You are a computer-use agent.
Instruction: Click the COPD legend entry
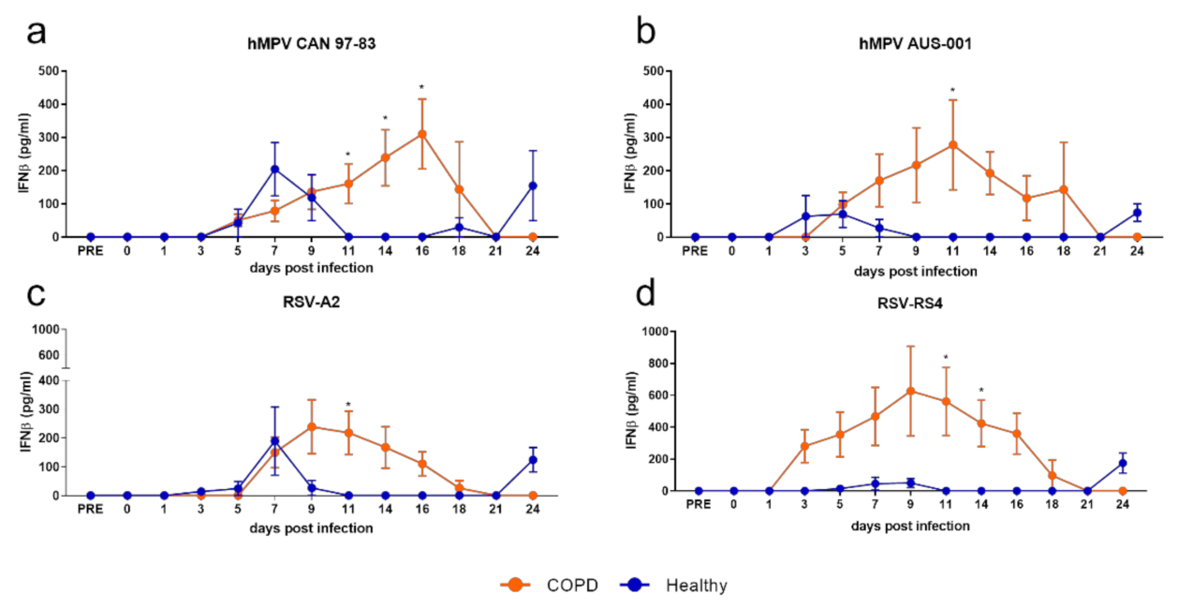pos(548,586)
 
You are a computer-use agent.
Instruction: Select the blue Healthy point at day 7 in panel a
pos(275,169)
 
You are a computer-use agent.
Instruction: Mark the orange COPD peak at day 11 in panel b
pos(952,144)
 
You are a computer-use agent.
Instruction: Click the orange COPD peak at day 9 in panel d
pos(911,391)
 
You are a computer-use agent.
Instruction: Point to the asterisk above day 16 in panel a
pos(422,88)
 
